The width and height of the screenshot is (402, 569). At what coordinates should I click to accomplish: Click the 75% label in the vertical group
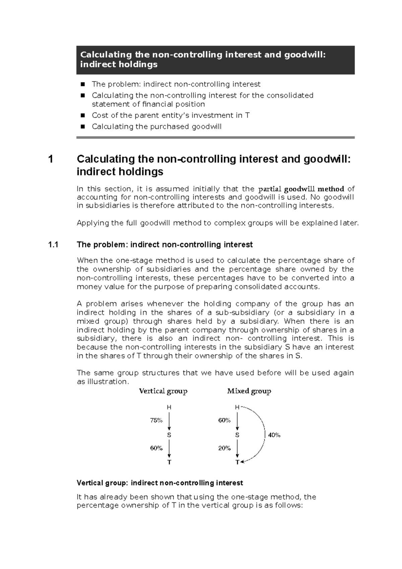tap(156, 420)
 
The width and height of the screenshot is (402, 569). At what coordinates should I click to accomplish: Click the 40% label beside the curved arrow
tap(274, 435)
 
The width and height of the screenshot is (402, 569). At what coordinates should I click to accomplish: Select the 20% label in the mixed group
tap(224, 448)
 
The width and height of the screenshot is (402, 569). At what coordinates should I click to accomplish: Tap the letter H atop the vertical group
tap(169, 407)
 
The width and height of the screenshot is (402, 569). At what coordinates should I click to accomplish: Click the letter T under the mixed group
tap(237, 462)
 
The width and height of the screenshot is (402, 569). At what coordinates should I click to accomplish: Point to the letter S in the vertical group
tap(169, 435)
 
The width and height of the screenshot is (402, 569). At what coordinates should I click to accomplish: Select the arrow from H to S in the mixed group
tap(238, 421)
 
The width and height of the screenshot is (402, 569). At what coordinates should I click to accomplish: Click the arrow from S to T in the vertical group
tap(170, 449)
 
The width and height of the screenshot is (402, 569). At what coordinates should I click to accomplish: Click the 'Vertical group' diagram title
tap(163, 391)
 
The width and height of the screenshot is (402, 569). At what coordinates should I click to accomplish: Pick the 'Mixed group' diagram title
tap(249, 391)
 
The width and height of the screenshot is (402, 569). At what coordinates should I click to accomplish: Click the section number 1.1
tap(53, 245)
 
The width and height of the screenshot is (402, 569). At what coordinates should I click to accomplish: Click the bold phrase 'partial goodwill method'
tap(302, 189)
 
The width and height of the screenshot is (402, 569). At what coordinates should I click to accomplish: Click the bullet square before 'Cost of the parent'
tap(82, 116)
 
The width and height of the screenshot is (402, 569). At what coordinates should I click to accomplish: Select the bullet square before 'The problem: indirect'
tap(82, 84)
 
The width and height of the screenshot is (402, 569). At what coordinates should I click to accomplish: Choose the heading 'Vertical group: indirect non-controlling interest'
tap(160, 483)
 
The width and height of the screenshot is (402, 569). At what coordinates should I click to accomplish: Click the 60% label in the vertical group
tap(156, 448)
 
